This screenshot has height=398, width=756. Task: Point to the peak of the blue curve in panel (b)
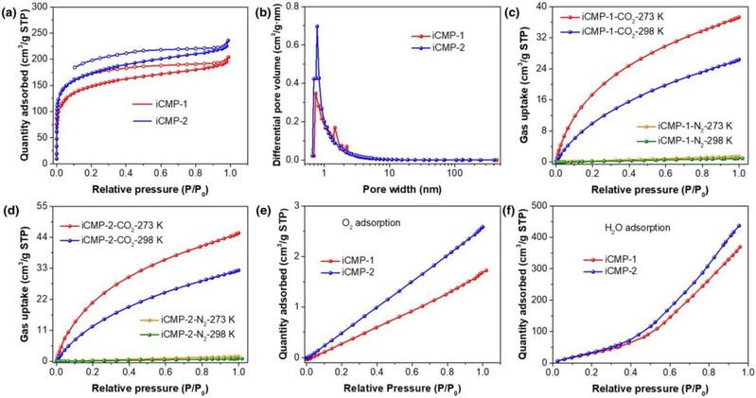click(317, 26)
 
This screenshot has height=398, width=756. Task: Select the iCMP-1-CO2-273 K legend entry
click(643, 17)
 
